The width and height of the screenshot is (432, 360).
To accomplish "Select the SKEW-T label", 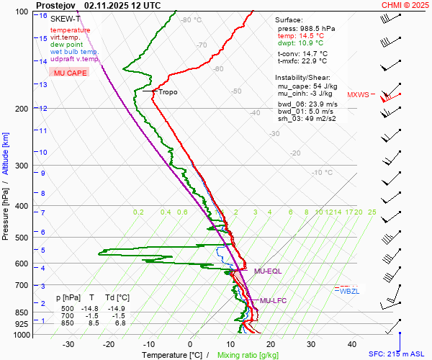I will point(64,18).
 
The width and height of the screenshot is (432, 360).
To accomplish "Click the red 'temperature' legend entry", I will point(70,30).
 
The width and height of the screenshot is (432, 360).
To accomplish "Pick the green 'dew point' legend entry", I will point(66,45).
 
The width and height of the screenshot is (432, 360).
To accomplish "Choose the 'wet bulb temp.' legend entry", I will point(74,52).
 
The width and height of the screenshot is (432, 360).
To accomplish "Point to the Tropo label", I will point(167,92).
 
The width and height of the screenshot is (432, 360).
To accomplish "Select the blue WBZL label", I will point(349,291).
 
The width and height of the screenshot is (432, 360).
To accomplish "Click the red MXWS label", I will point(357,95).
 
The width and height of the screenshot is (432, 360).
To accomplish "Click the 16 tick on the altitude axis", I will point(43,16).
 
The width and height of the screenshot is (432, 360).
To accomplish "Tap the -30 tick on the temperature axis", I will point(68,344).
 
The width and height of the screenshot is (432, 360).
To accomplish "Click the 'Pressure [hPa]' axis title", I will point(6,216).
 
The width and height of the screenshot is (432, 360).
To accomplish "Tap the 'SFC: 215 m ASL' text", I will point(399,354).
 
